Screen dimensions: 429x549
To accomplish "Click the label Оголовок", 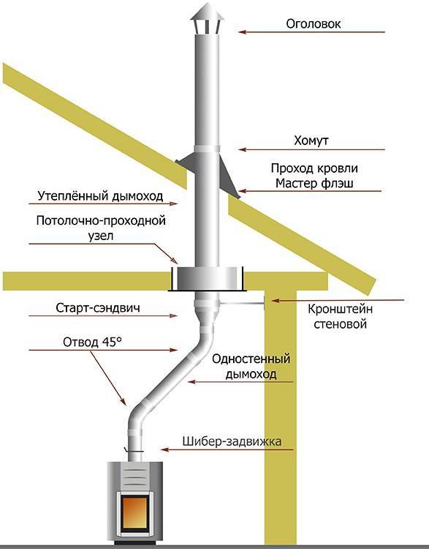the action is point(314,24).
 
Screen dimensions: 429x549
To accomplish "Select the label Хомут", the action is point(311,141).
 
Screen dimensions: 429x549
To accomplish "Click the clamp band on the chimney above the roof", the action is point(207,149).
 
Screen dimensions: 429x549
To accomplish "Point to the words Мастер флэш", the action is point(314,184).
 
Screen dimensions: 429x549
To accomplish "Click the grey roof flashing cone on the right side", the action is point(229,179).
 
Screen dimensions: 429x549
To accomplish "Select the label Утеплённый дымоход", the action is point(100,195).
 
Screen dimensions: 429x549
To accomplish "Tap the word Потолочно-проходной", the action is point(101,221).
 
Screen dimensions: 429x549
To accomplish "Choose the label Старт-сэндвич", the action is point(98,307).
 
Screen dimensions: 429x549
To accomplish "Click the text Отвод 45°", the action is point(92,342).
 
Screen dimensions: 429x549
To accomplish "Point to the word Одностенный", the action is point(251,359).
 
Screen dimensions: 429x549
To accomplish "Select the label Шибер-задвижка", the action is point(232,441).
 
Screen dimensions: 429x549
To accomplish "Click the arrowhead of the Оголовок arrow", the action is point(243,32).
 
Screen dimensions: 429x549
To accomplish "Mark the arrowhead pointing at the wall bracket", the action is point(276,300).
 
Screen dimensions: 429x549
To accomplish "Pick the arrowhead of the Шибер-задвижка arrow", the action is point(164,449).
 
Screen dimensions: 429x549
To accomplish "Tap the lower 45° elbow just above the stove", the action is point(137,417).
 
